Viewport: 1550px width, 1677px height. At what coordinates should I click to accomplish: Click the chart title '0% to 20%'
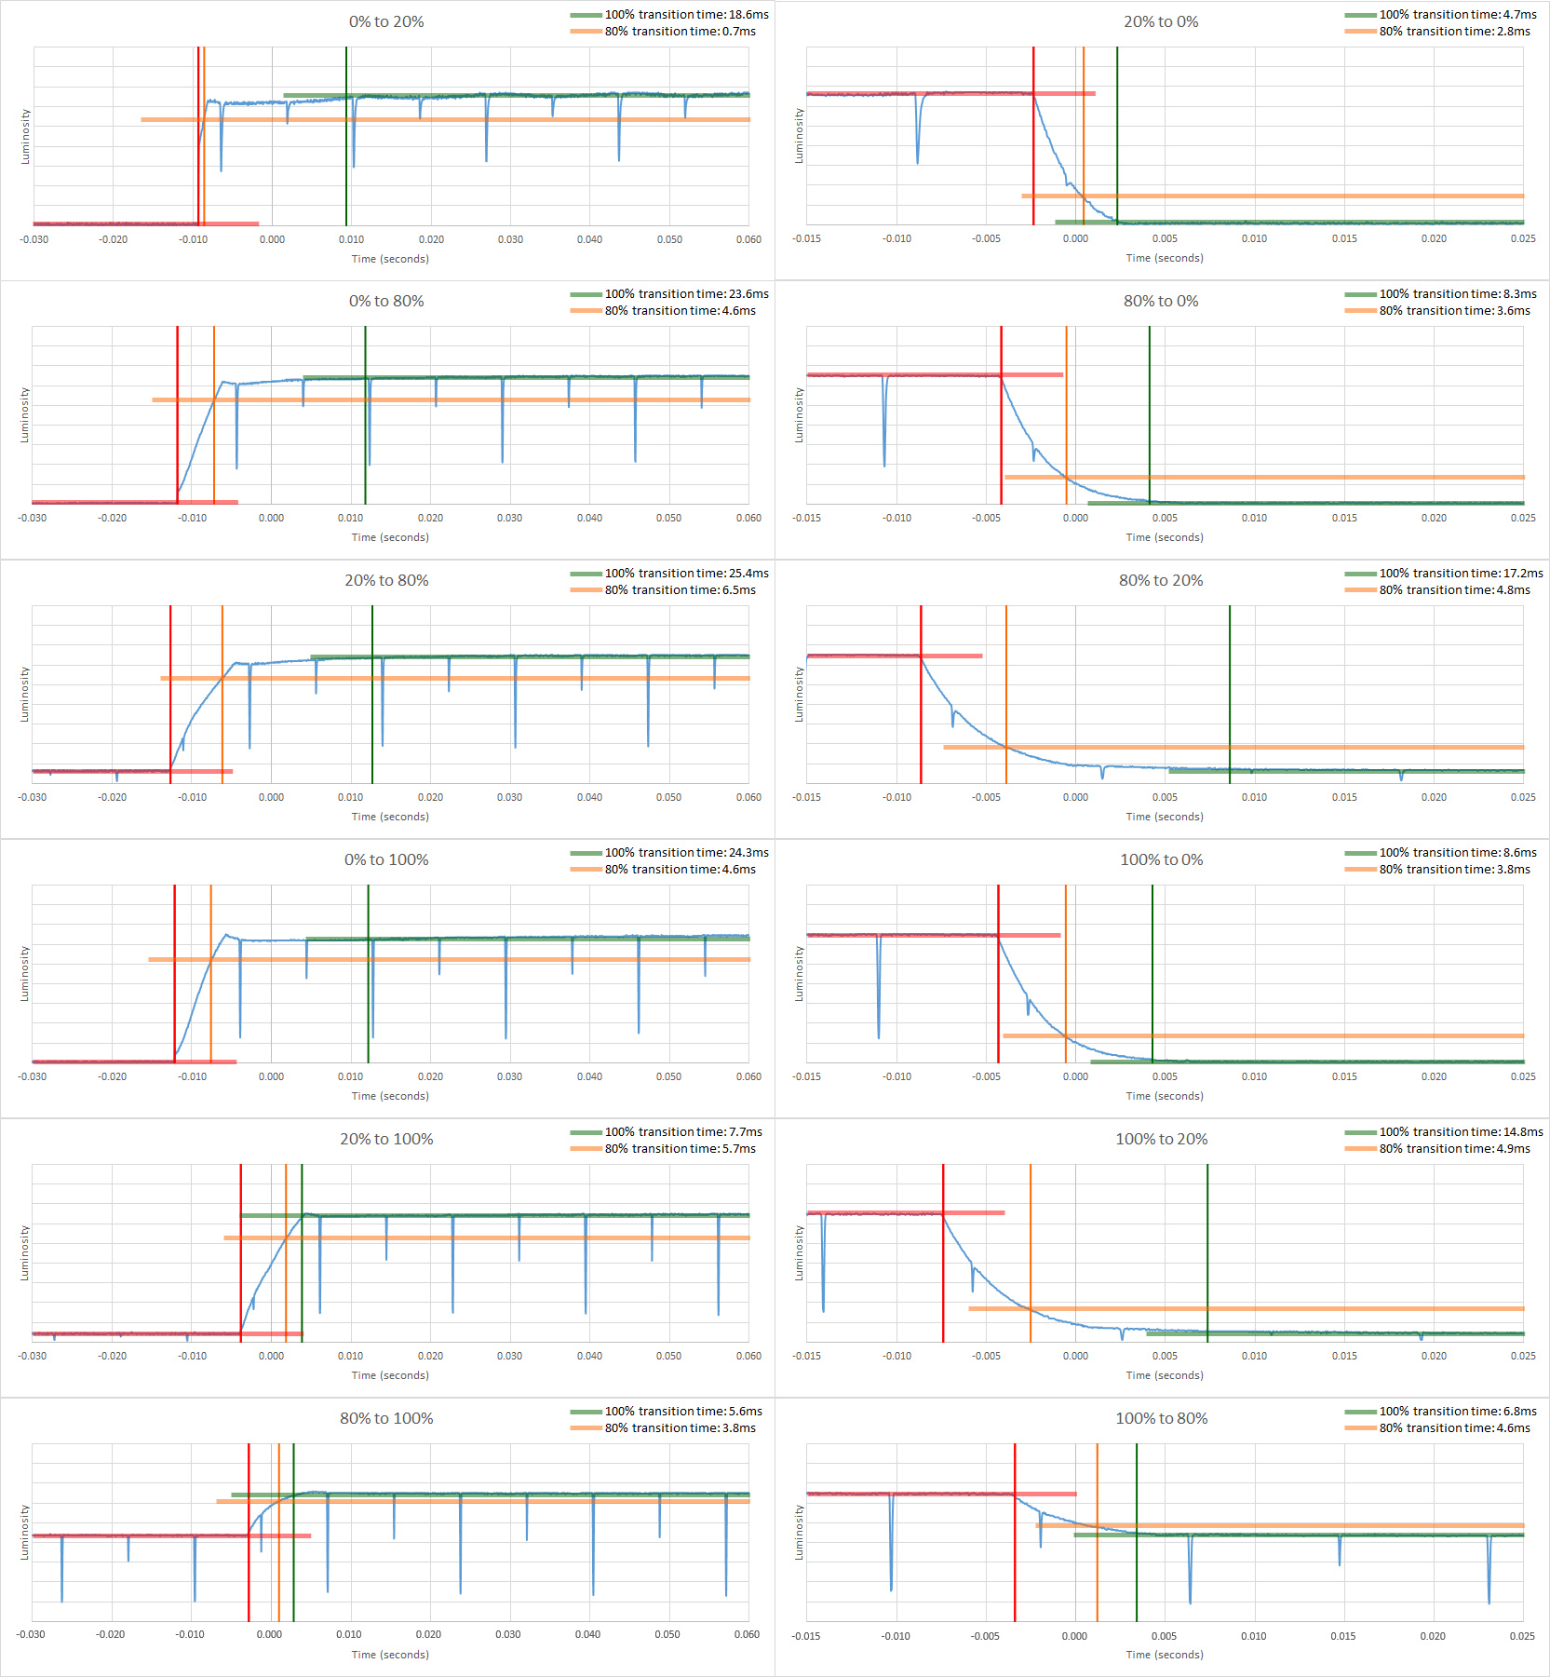click(386, 21)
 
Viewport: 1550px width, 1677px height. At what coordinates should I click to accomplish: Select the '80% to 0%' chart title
click(1161, 301)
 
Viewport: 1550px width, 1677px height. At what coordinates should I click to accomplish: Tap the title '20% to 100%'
click(386, 1139)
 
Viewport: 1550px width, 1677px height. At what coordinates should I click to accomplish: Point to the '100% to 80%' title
click(1162, 1418)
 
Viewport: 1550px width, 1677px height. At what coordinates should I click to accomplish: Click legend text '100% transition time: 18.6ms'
click(686, 15)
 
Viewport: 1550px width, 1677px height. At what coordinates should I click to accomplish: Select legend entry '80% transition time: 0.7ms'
click(680, 32)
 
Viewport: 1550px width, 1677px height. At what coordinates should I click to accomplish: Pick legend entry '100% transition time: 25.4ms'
click(686, 574)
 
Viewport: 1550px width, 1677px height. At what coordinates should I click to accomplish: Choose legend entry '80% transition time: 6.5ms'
click(680, 590)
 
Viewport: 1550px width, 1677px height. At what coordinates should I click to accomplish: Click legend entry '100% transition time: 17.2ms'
click(1461, 574)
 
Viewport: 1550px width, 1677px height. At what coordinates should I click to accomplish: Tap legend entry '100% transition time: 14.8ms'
click(1461, 1132)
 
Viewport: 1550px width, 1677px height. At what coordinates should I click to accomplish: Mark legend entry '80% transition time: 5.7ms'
click(680, 1149)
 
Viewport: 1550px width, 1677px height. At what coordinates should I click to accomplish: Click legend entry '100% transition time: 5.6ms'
click(683, 1412)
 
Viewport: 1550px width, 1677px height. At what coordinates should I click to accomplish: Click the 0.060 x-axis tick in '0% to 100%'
click(748, 1076)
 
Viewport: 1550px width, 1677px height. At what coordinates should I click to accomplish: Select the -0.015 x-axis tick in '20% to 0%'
click(806, 238)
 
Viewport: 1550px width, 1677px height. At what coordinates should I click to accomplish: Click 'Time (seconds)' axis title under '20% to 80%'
click(390, 817)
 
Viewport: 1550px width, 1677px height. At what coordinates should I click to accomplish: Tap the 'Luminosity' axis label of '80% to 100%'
click(25, 1533)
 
